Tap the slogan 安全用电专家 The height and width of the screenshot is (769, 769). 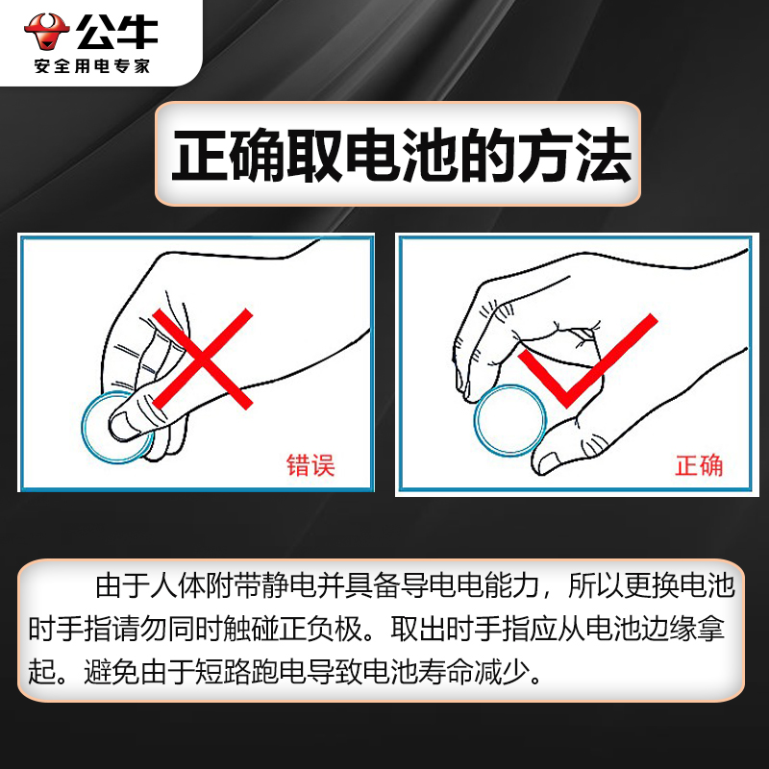pos(92,67)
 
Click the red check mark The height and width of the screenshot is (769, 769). pos(589,361)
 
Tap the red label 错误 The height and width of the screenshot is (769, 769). pos(310,466)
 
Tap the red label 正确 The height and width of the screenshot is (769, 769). pos(699,466)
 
